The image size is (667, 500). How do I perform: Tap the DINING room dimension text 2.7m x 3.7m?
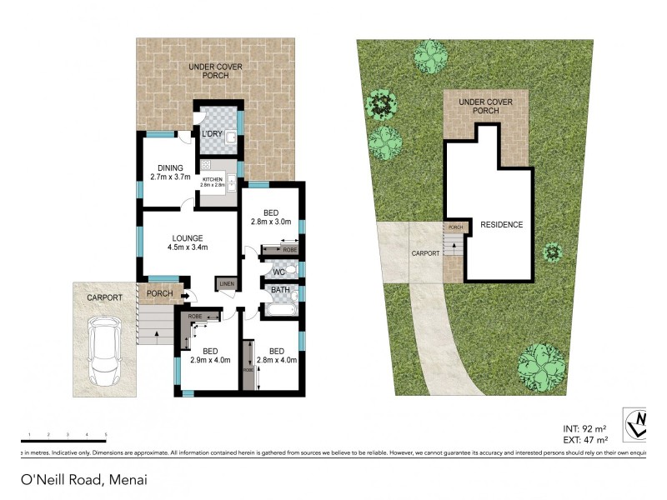(170, 177)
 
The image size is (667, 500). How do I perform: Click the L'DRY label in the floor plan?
(209, 134)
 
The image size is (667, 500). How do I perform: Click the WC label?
(279, 272)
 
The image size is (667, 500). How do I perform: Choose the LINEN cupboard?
(225, 285)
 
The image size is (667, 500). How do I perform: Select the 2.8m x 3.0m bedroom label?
(271, 222)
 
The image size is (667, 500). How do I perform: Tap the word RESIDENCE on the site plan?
(501, 225)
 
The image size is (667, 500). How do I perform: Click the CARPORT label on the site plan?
(424, 252)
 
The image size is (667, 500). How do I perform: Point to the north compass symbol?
(639, 423)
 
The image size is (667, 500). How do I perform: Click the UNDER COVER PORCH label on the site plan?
(485, 106)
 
